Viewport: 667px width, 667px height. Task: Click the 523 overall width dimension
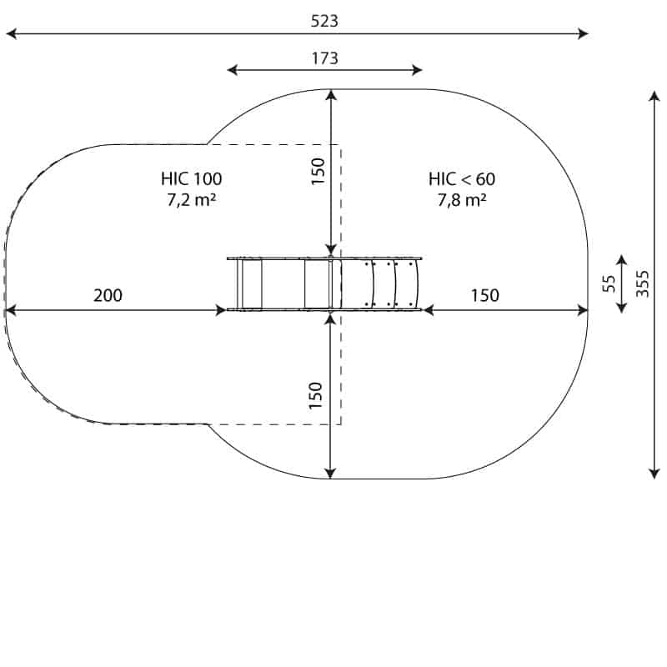click(324, 21)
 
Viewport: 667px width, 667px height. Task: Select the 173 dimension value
click(325, 58)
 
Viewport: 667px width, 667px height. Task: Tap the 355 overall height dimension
click(642, 283)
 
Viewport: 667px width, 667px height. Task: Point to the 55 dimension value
click(609, 283)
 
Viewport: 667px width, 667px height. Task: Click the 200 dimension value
click(108, 295)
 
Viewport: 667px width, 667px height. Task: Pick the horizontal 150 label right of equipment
click(485, 295)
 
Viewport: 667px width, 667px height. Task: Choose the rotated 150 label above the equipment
click(318, 172)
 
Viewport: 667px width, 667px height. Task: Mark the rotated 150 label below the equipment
click(316, 395)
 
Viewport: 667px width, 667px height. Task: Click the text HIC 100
click(192, 178)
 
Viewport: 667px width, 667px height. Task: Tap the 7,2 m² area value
click(192, 199)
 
